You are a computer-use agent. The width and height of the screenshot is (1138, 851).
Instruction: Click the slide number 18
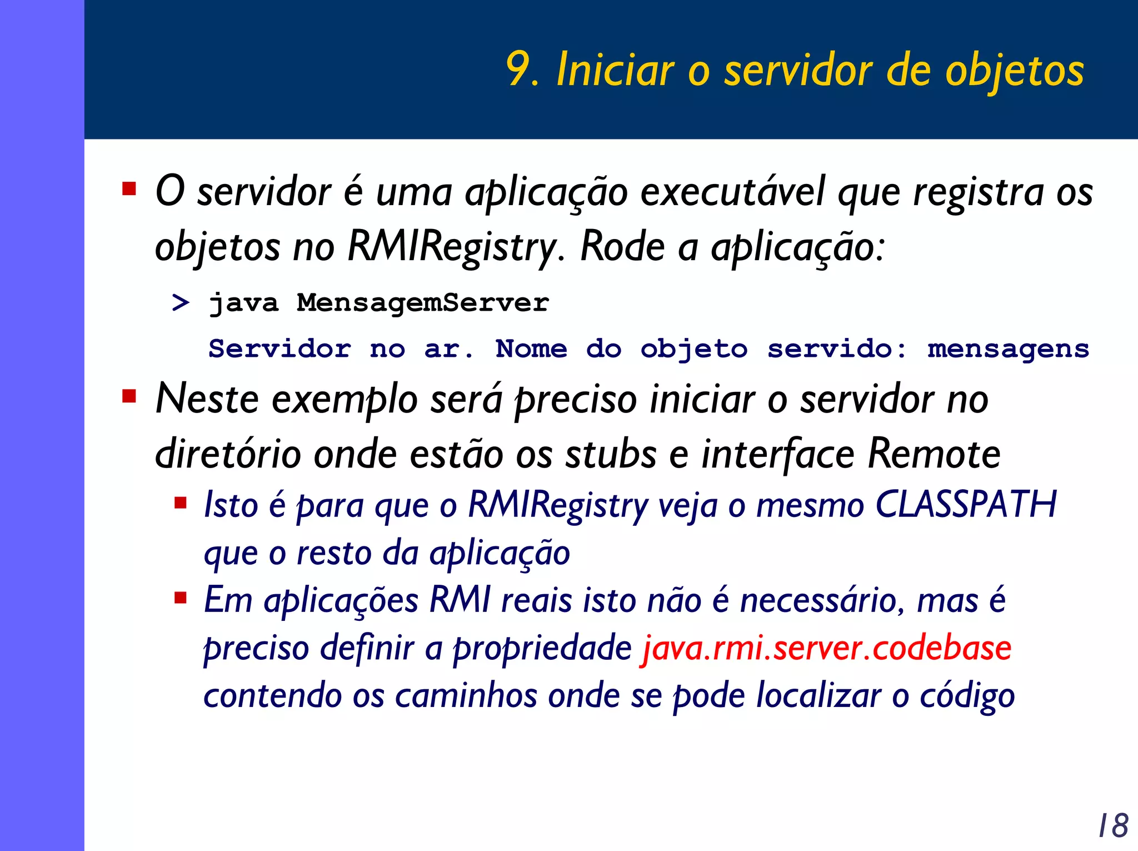(x=1113, y=825)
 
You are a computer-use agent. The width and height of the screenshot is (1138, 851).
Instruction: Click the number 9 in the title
(x=518, y=70)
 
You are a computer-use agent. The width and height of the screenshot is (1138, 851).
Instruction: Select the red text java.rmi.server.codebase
(x=826, y=648)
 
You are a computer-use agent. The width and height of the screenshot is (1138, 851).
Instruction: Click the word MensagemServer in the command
(x=422, y=303)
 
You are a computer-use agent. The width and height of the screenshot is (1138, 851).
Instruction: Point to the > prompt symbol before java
(x=181, y=303)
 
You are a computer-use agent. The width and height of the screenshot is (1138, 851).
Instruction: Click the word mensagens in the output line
(x=1008, y=349)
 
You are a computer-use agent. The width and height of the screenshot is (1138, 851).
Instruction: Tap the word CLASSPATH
(x=966, y=505)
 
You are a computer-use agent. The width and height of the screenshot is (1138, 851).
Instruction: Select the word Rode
(x=622, y=246)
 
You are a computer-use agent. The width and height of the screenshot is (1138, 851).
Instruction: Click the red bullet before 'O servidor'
(x=129, y=189)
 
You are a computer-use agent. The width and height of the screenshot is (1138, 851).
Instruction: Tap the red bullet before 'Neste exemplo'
(x=129, y=397)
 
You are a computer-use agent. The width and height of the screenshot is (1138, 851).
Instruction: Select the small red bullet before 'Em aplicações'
(x=180, y=599)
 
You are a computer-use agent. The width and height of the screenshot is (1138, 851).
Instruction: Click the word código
(x=967, y=696)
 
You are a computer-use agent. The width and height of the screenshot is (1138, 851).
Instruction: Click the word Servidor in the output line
(x=279, y=349)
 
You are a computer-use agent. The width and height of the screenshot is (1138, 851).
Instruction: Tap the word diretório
(x=228, y=455)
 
